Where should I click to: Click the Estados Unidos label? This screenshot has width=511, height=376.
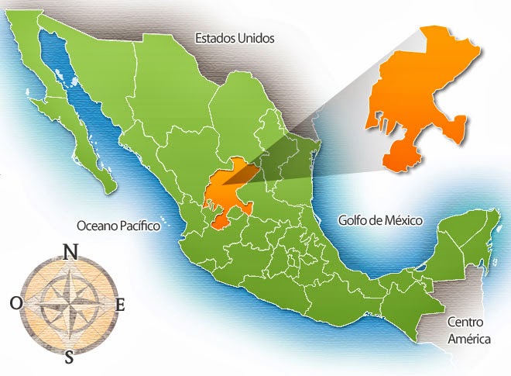click(234, 37)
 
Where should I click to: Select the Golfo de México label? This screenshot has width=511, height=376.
click(380, 220)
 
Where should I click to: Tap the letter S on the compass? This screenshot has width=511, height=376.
click(70, 357)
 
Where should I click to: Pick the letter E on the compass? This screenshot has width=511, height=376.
click(120, 305)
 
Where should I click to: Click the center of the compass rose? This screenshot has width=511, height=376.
click(69, 304)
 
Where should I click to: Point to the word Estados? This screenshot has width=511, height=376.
click(214, 37)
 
